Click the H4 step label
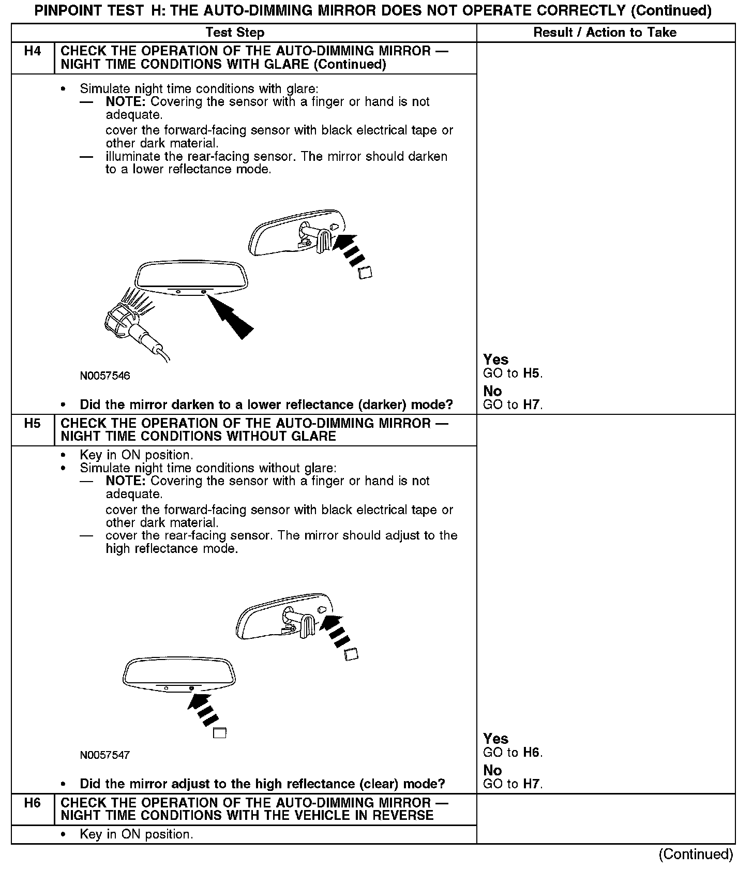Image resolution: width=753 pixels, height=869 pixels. [32, 51]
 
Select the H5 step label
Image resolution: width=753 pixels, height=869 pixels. [32, 424]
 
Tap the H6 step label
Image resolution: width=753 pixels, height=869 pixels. [32, 803]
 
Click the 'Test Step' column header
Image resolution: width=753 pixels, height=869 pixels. [235, 33]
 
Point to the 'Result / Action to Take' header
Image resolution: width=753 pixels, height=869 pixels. [605, 33]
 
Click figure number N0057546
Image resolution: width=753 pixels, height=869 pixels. [105, 376]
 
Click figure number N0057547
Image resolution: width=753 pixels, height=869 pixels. [105, 755]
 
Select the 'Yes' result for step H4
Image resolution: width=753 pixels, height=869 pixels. [495, 359]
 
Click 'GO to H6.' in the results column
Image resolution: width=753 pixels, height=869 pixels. [513, 753]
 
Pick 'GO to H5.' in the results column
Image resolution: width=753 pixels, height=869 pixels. [513, 373]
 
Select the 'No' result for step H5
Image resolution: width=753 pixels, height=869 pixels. [492, 770]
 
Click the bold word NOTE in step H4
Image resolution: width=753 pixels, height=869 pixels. [126, 102]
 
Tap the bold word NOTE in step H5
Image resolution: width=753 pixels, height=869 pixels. [126, 481]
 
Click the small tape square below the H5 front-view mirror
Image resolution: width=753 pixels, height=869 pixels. [220, 732]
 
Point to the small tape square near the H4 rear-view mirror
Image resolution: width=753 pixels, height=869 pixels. [365, 273]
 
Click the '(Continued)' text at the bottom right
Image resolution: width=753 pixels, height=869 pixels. [696, 854]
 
